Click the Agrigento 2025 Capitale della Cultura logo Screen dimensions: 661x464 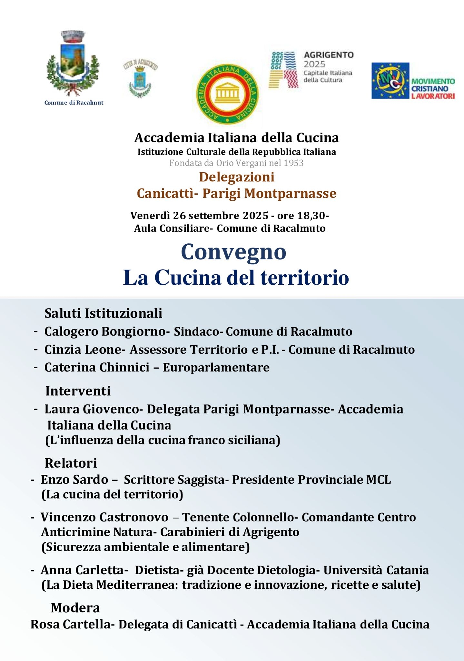[x=311, y=70]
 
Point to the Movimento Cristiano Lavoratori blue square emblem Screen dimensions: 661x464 [x=390, y=81]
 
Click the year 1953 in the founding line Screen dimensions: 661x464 [x=293, y=163]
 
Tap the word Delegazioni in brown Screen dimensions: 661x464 [x=237, y=177]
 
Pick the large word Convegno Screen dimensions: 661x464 [x=233, y=252]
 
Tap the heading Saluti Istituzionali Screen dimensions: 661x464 [x=103, y=313]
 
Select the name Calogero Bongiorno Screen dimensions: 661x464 [x=105, y=331]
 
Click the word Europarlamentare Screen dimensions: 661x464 [x=216, y=367]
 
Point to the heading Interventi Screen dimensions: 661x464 [x=78, y=391]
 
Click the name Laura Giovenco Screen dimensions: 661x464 [x=92, y=409]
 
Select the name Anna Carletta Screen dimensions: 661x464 [x=82, y=570]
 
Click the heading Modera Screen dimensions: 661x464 [x=75, y=608]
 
